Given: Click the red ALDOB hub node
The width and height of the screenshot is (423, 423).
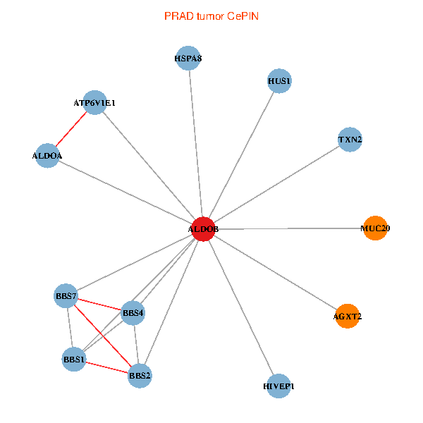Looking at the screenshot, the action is (x=203, y=229).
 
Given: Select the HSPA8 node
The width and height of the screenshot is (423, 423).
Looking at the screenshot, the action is (x=188, y=59).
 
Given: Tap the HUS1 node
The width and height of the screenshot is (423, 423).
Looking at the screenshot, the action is (x=280, y=81).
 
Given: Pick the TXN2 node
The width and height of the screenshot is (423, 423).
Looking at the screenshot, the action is (x=350, y=140).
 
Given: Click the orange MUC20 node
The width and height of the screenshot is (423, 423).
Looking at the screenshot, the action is (x=375, y=228).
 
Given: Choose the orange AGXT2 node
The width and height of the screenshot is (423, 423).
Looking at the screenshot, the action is (x=348, y=317).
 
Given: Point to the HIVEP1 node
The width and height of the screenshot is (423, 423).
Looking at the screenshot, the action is (x=279, y=386).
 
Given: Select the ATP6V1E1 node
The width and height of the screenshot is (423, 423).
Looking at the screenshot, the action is (x=94, y=103).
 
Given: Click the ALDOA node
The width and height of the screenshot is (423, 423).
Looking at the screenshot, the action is (x=47, y=155).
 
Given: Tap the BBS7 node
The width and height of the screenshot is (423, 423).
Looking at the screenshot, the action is (x=66, y=296).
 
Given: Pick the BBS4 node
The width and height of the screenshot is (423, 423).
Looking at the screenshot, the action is (x=133, y=312).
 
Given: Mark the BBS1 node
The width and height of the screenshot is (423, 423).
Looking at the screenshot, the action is (x=74, y=360).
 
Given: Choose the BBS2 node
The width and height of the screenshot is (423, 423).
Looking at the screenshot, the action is (x=140, y=376).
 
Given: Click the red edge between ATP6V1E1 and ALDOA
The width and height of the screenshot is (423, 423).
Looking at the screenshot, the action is (x=71, y=129).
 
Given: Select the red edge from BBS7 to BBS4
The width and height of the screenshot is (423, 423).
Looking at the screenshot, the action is (x=99, y=304).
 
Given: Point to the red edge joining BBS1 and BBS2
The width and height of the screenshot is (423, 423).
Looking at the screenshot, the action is (x=106, y=367).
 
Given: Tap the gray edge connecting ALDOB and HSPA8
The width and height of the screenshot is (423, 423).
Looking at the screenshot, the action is (x=195, y=144).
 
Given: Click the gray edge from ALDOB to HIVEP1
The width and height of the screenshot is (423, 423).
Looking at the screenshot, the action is (x=241, y=307).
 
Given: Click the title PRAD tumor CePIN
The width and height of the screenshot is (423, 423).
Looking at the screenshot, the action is (x=211, y=16).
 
